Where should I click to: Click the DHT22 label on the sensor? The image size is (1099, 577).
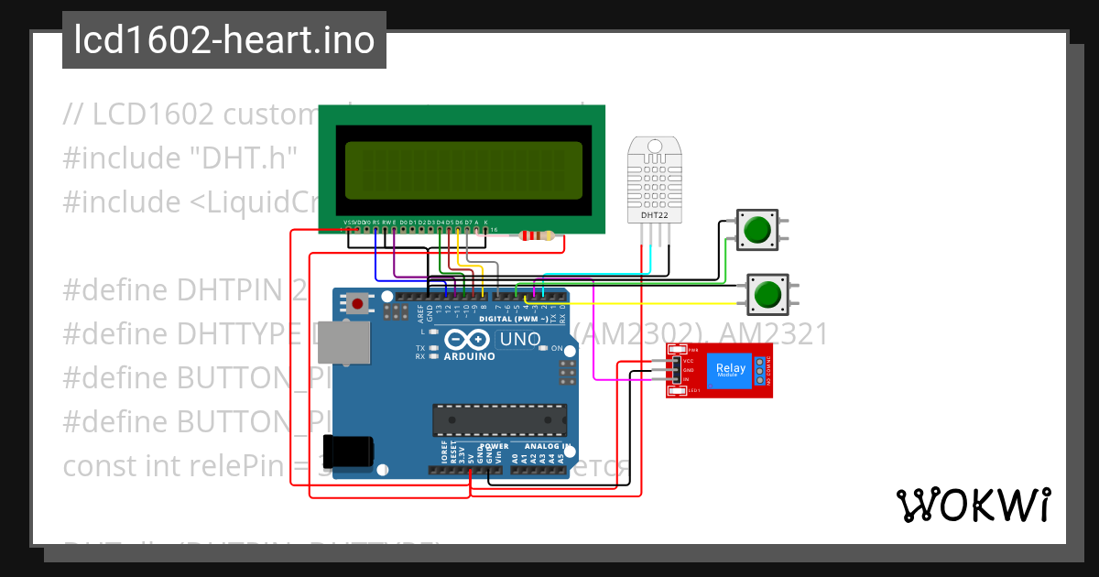coord(654,215)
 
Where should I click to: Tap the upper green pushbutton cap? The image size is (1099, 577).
coord(756,229)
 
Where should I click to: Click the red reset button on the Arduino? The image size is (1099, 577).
coord(357,302)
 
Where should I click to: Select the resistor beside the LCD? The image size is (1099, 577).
coord(537,236)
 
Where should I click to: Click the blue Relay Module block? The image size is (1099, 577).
coord(731,370)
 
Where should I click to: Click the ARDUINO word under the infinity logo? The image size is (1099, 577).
coord(469,356)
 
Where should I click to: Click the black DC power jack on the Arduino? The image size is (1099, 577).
coord(352,451)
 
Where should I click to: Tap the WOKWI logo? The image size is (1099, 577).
coord(973,505)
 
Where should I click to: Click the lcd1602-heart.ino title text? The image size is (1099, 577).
coord(224,40)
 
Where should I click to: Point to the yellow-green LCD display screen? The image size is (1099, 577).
coord(463,172)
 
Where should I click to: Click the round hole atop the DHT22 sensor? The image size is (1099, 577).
coord(654,147)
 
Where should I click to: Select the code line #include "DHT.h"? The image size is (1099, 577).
coord(180,158)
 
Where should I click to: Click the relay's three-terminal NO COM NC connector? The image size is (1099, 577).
coord(759,370)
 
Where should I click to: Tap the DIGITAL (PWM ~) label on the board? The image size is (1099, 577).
coord(513,319)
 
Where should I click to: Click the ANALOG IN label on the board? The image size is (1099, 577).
coord(546,447)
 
